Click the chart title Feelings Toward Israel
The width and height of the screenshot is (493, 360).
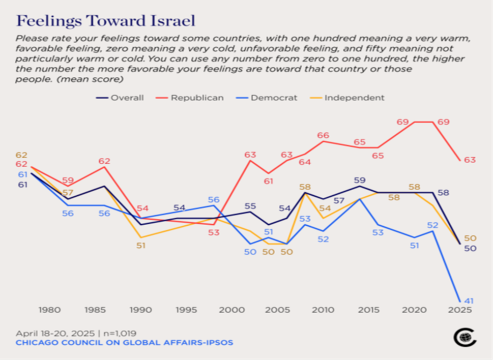[x=106, y=21]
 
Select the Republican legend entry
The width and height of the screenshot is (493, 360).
[x=196, y=98]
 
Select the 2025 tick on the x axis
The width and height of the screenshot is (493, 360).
[x=460, y=310]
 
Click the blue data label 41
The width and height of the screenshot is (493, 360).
[x=470, y=301]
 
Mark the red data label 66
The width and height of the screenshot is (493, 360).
[x=323, y=135]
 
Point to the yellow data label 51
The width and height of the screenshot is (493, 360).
[x=141, y=245]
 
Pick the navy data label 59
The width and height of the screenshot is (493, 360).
[x=360, y=180]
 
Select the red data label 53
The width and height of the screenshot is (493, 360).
[x=213, y=233]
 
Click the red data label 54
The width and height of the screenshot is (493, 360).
[x=142, y=208]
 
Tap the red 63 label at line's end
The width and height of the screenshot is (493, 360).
[x=470, y=160]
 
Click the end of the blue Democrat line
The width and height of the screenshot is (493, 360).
[x=460, y=302]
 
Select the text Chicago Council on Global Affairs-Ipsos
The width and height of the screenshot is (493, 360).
[x=124, y=343]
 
